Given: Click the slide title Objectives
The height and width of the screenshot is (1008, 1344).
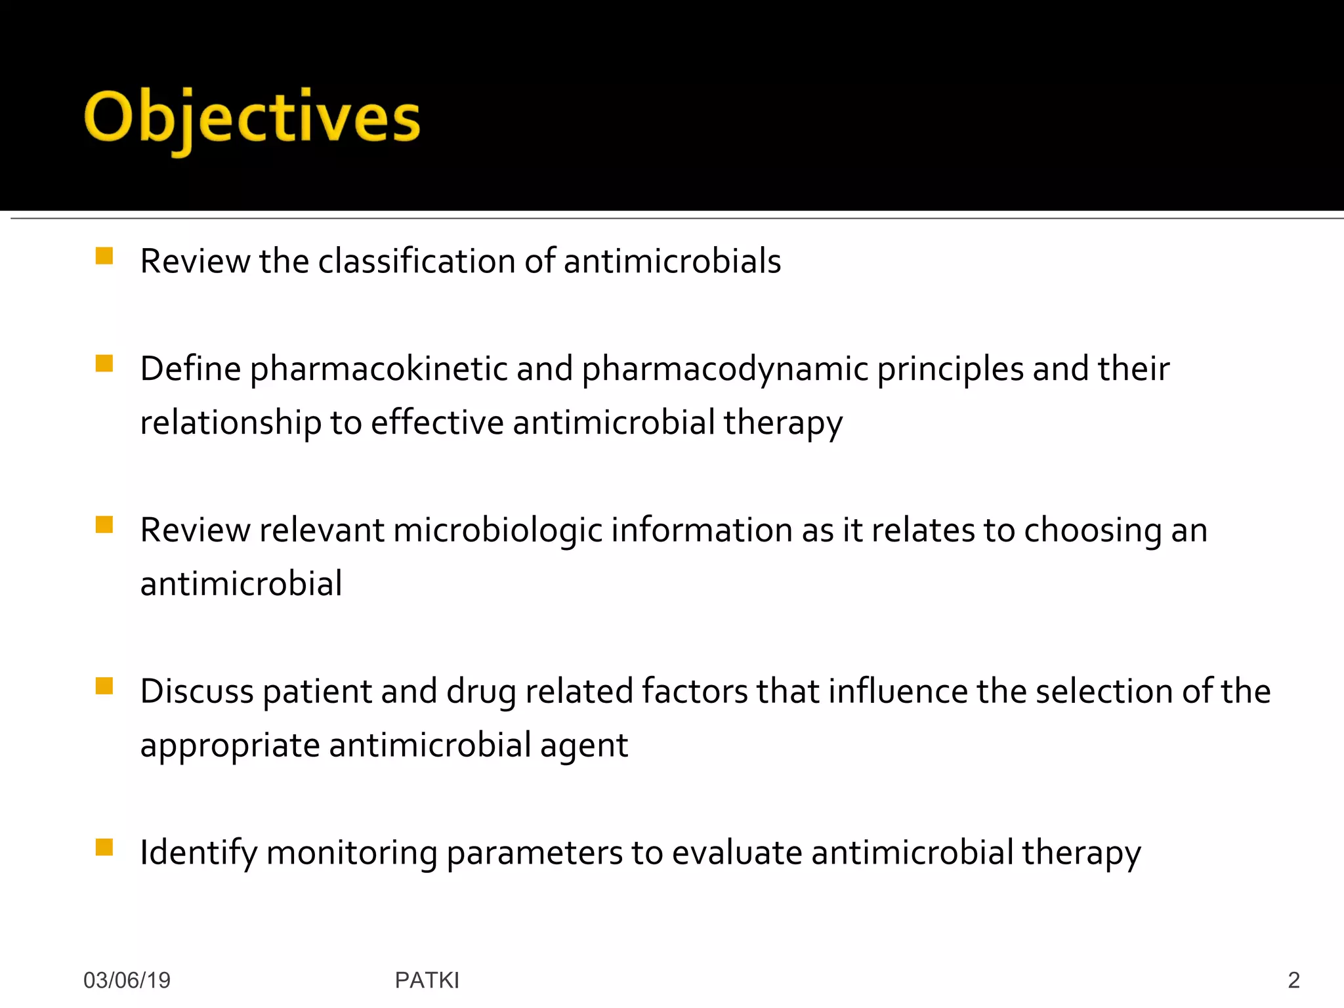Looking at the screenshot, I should click(x=252, y=118).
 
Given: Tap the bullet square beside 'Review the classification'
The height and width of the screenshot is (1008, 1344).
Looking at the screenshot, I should click(x=104, y=256).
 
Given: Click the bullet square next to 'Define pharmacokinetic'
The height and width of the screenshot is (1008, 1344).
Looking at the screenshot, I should click(x=104, y=364).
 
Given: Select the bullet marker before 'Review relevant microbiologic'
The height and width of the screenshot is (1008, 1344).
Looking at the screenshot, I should click(x=104, y=525).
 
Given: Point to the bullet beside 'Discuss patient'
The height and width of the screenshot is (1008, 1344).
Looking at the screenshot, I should click(x=104, y=686).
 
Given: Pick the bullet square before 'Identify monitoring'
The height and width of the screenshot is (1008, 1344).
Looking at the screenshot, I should click(x=104, y=847).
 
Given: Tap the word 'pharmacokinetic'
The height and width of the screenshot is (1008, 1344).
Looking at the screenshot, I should click(x=379, y=369).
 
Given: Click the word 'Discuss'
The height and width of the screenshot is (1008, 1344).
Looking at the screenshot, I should click(x=197, y=692).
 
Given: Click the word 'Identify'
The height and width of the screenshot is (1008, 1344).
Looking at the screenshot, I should click(x=198, y=853).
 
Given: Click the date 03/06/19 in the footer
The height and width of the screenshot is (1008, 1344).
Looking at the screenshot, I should click(x=127, y=980).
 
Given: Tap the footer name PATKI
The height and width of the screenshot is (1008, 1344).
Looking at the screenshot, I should click(x=427, y=980).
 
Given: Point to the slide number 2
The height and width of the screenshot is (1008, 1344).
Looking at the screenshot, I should click(x=1293, y=980).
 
